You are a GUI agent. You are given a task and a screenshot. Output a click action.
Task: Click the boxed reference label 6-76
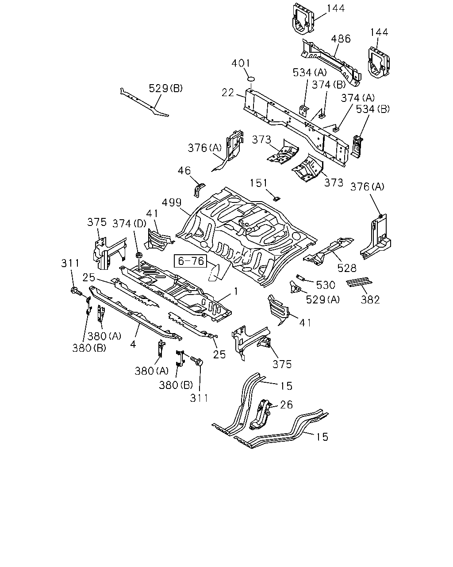[191, 261]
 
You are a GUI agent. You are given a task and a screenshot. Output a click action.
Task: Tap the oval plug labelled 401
[252, 79]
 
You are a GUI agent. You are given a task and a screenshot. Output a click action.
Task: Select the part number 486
[341, 39]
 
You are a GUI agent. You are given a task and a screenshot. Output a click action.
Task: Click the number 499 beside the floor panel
[172, 202]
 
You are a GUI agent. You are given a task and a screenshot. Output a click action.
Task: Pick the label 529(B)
[165, 88]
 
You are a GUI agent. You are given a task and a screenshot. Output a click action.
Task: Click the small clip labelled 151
[276, 198]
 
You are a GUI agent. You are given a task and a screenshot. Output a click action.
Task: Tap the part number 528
[347, 268]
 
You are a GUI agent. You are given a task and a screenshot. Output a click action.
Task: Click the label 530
[325, 285]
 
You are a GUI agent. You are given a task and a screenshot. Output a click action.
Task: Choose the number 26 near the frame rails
[286, 405]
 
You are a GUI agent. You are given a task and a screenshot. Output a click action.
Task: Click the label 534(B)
[373, 109]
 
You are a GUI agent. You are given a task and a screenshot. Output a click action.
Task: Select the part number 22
[228, 93]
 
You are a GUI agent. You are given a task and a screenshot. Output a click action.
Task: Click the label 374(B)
[329, 85]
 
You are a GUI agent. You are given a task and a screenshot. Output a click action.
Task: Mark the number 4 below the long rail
[133, 344]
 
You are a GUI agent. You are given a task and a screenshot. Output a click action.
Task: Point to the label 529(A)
[322, 299]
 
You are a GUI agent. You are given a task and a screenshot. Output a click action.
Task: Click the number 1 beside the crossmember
[236, 291]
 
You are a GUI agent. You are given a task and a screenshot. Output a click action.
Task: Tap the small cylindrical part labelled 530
[300, 277]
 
